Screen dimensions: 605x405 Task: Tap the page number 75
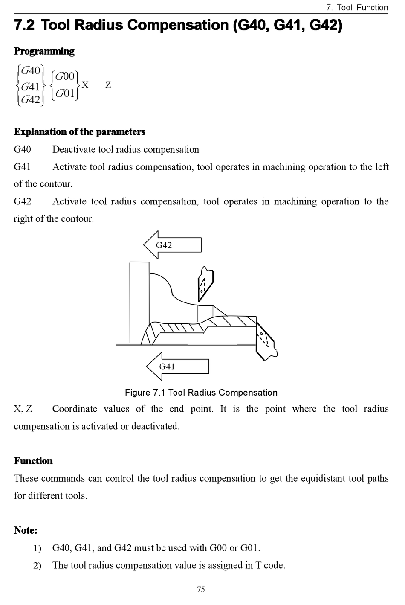tap(201, 589)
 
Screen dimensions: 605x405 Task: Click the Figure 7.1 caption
tap(201, 393)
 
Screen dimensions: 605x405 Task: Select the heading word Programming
tap(44, 51)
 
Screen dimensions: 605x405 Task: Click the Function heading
tap(33, 461)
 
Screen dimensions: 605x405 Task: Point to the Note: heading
tap(26, 530)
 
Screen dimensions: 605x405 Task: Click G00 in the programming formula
tap(65, 76)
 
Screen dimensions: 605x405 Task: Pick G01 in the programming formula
tap(65, 93)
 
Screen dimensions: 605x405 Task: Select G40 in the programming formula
tap(30, 70)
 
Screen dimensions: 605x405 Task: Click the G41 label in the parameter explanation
tap(23, 167)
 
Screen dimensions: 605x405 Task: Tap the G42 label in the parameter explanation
tap(23, 201)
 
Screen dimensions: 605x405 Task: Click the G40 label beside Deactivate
tap(23, 149)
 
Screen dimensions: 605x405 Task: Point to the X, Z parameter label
tap(23, 409)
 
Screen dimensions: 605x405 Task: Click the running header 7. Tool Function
tap(356, 7)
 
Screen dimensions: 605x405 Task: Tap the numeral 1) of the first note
tap(38, 548)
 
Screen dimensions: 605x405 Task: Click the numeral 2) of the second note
tap(38, 566)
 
